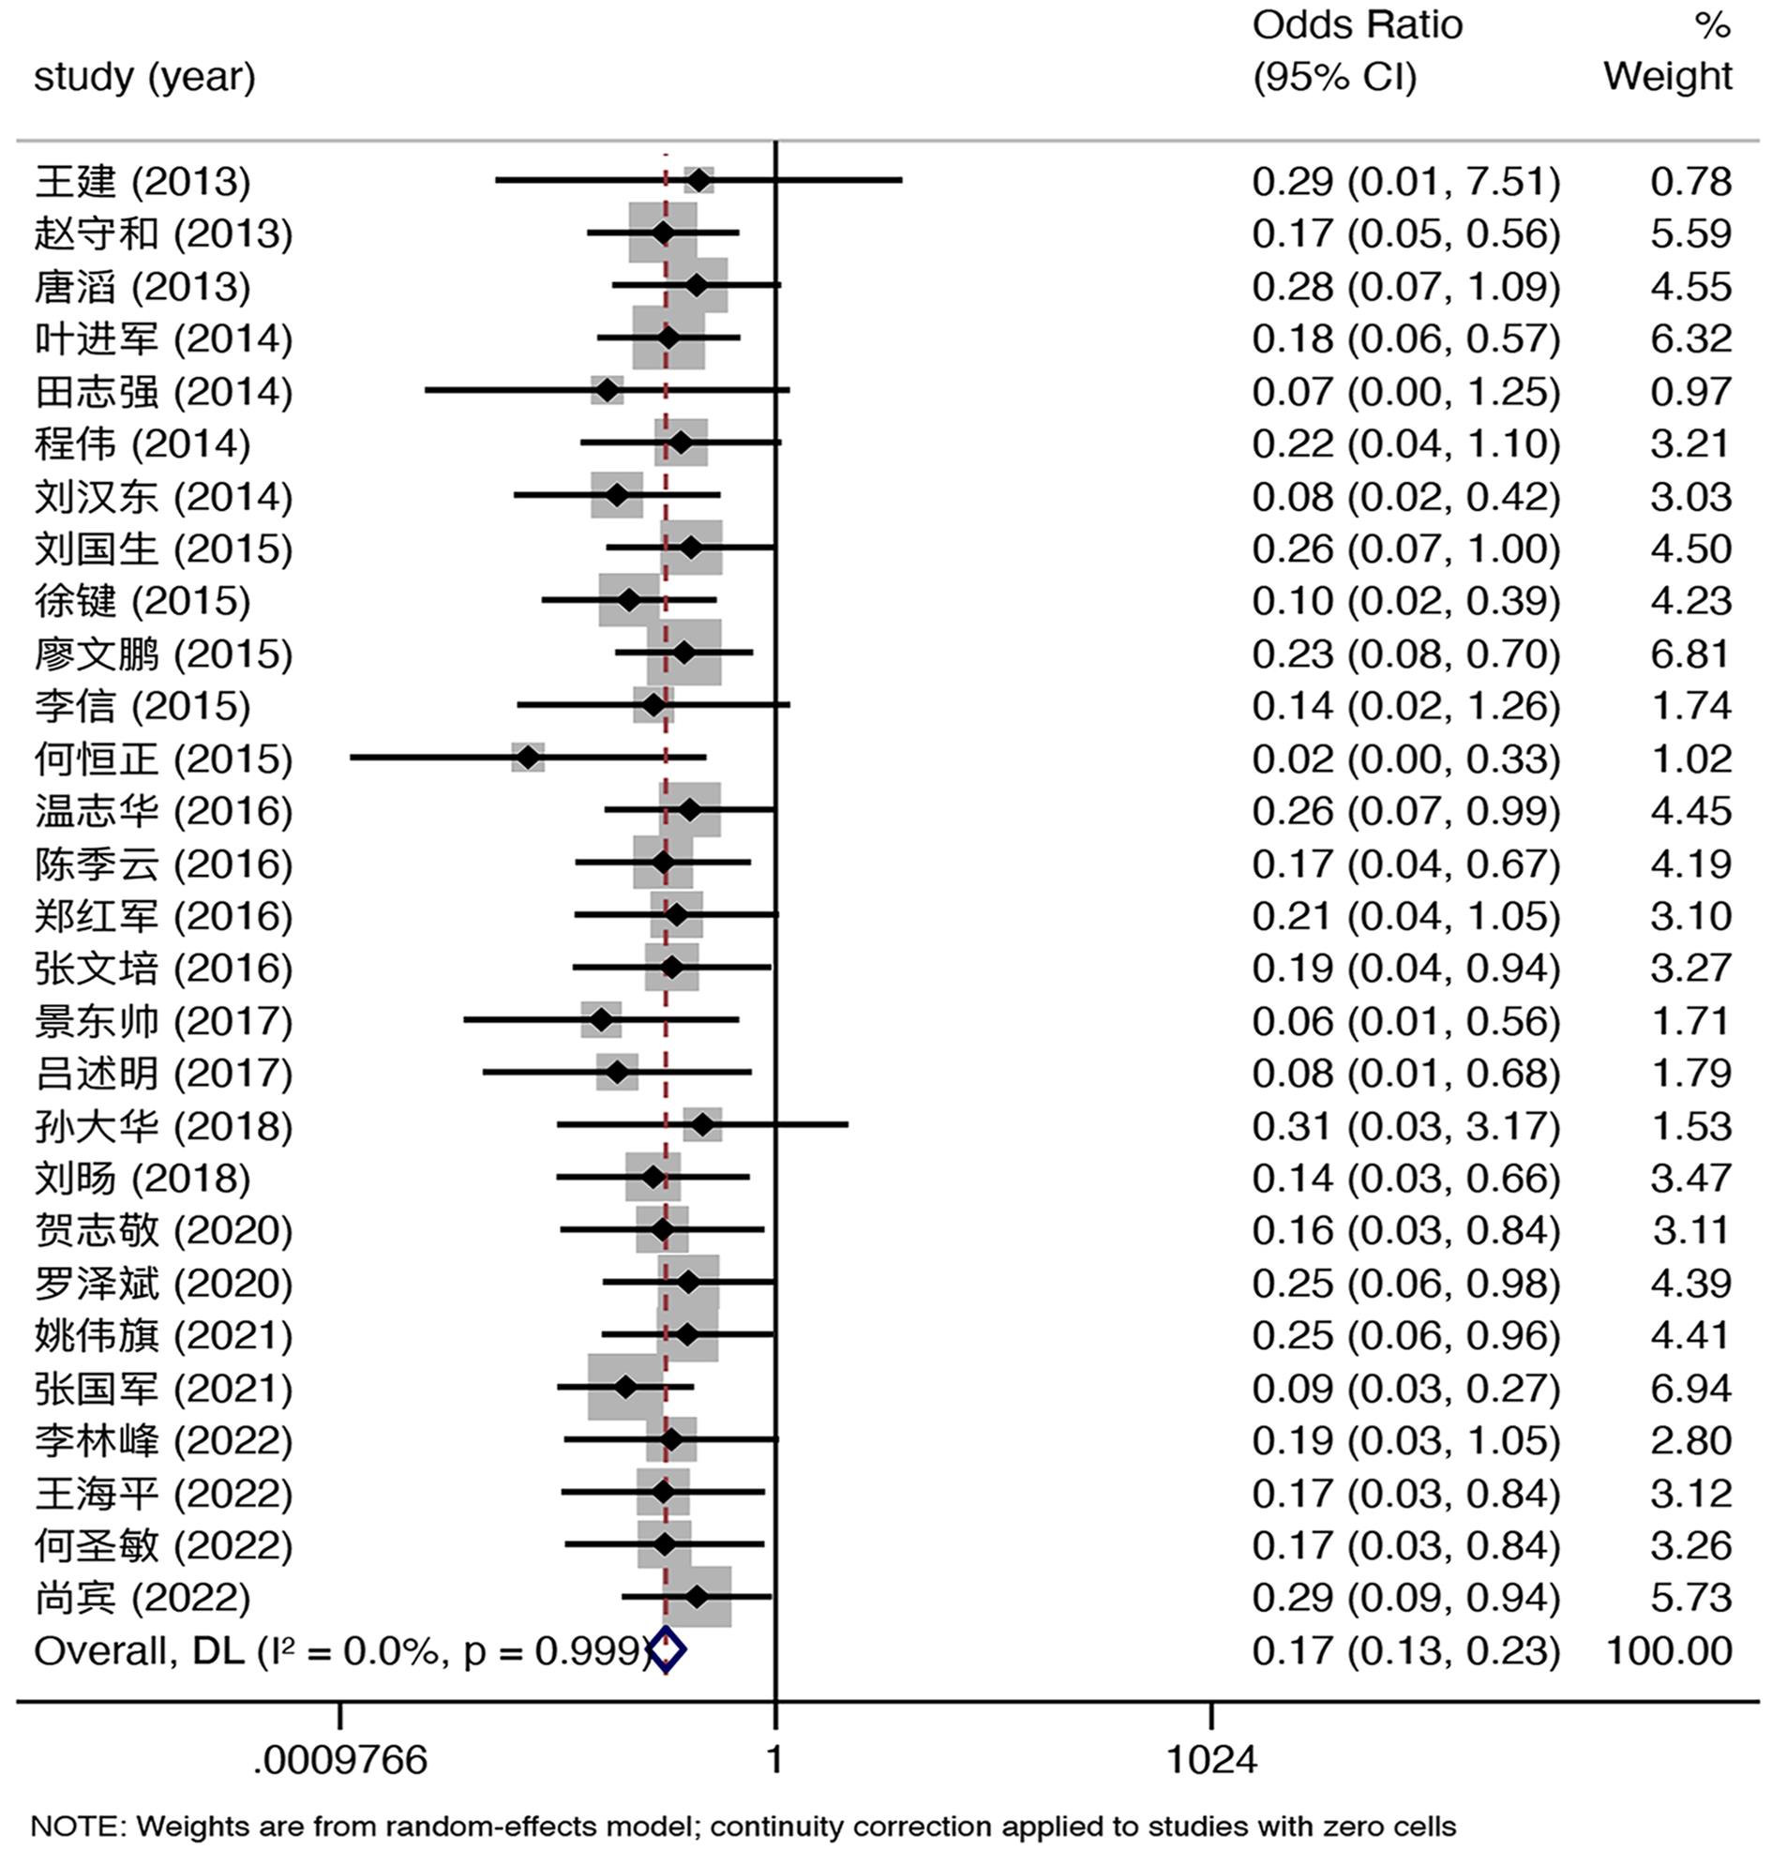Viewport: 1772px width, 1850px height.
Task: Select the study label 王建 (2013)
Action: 143,181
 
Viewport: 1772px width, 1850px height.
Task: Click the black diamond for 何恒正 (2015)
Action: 529,757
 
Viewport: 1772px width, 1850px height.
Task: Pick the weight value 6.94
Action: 1690,1388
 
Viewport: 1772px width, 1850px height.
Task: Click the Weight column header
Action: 1667,76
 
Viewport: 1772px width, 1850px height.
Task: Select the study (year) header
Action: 144,77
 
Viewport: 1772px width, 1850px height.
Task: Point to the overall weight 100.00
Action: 1668,1650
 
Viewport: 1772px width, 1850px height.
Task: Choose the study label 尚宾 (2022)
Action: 143,1597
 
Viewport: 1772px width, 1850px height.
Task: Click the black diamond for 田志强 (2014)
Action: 608,390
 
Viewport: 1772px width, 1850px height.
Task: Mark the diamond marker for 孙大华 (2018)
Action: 702,1125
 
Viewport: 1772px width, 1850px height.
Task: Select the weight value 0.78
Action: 1690,181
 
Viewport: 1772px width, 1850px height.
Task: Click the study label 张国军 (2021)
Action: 163,1388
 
